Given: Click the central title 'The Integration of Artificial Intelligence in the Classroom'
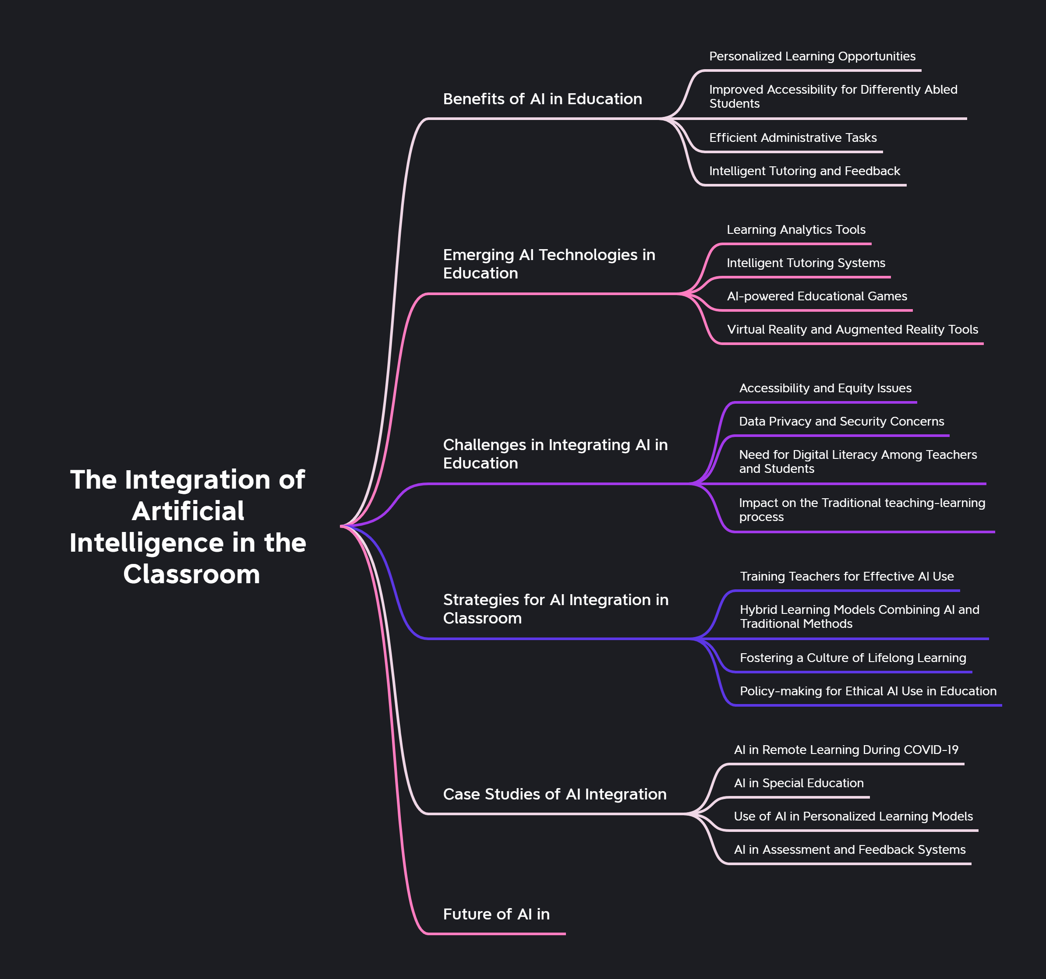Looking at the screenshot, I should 188,526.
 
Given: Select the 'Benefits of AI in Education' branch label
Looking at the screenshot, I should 542,99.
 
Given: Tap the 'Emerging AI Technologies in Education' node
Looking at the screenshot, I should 549,264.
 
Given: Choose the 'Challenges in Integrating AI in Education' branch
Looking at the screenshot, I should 555,454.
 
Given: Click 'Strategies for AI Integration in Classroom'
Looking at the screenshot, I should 555,609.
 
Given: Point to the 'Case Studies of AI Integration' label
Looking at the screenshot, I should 555,794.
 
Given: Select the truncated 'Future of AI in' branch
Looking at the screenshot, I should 496,914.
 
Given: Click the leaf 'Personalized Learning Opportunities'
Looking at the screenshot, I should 812,56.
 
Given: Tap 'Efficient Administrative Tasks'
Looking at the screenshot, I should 792,138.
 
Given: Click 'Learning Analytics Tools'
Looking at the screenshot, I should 795,230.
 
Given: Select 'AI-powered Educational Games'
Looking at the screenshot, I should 816,296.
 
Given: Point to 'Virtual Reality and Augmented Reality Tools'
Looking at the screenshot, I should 852,329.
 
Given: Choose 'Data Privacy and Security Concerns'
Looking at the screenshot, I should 841,421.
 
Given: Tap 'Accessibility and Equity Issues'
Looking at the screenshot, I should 825,388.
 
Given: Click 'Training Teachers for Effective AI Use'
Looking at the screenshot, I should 847,577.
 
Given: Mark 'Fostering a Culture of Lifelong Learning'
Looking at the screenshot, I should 852,658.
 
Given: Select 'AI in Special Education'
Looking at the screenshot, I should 799,783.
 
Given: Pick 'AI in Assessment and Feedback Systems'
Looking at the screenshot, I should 849,849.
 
